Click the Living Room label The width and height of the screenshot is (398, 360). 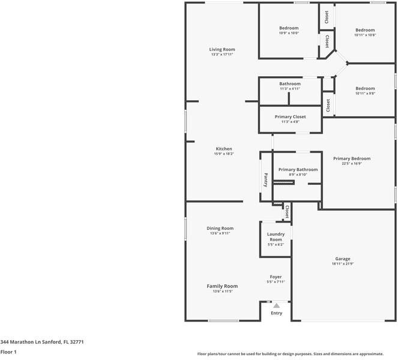[222, 49]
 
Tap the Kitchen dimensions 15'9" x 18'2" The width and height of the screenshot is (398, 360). [224, 154]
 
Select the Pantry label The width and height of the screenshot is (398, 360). [266, 180]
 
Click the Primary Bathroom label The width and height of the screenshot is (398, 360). [298, 170]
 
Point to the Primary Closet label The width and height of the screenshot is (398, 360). [291, 116]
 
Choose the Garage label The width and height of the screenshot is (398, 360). [343, 259]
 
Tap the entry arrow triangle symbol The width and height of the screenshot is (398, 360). [276, 305]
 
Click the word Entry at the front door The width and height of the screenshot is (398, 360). [276, 313]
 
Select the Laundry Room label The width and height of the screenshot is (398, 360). [276, 236]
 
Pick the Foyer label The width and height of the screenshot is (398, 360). [276, 277]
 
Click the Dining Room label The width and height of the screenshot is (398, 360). [220, 228]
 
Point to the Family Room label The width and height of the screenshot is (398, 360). [222, 286]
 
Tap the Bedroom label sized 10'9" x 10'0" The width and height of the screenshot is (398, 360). [289, 28]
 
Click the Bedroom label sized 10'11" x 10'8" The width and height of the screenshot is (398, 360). [365, 30]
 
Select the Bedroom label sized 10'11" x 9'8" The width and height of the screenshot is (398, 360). [365, 88]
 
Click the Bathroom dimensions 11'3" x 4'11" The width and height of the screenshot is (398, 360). [290, 89]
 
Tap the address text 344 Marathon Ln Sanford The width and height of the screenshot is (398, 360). [34, 342]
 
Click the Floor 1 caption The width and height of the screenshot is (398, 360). [8, 352]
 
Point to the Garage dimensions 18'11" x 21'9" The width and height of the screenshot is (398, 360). [343, 264]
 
